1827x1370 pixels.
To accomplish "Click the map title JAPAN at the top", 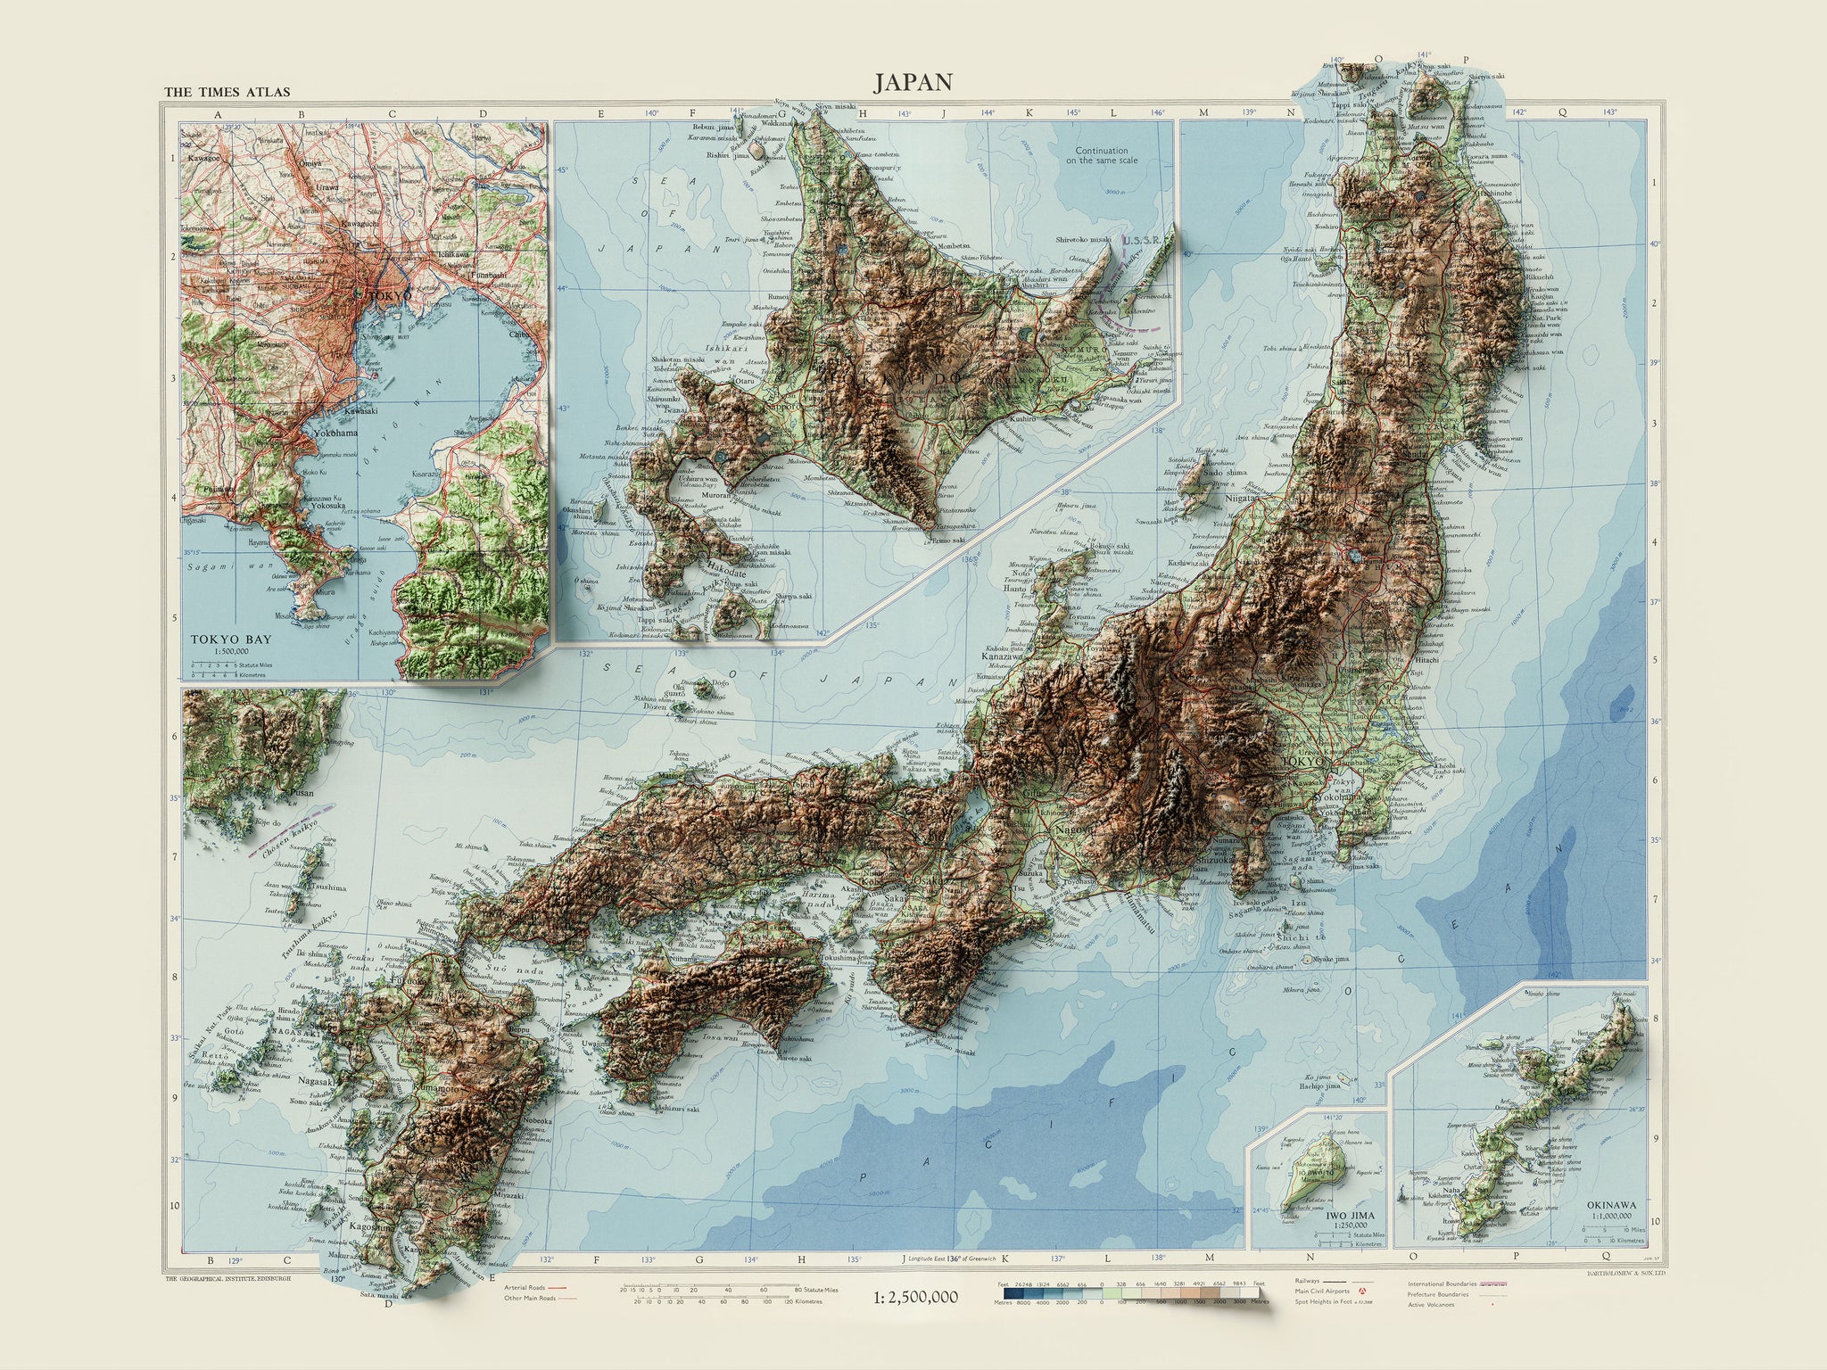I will coord(913,82).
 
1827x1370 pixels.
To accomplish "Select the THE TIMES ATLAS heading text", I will coord(227,92).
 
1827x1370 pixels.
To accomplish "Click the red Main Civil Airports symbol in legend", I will coord(1362,1291).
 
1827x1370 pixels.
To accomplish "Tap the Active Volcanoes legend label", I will coord(1431,1304).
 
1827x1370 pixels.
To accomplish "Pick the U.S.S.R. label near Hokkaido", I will coord(1138,241).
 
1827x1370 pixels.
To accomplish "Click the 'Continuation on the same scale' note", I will coord(1101,156).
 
